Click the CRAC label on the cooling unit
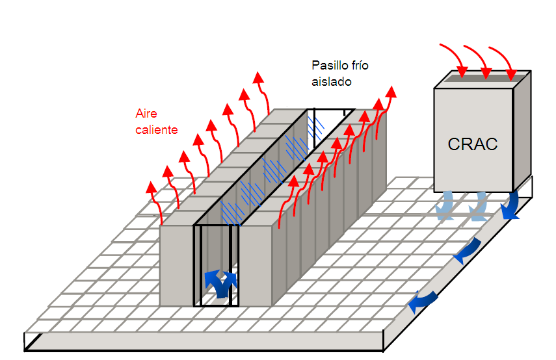click(473, 144)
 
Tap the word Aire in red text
click(146, 114)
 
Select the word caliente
click(156, 130)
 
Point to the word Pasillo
click(330, 66)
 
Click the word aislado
click(331, 82)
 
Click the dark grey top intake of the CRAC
click(481, 77)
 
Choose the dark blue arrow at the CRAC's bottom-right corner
click(510, 207)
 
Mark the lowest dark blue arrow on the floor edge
click(423, 299)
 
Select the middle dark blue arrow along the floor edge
click(467, 251)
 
